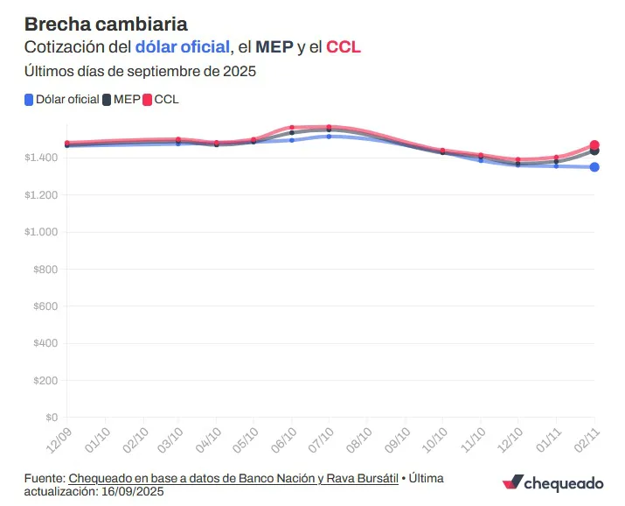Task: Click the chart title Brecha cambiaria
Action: tap(106, 23)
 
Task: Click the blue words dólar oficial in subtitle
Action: tap(183, 46)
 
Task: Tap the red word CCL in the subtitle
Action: tap(343, 46)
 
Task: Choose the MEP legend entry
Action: tap(120, 100)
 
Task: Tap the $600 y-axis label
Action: tap(45, 306)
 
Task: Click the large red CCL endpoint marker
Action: tap(594, 145)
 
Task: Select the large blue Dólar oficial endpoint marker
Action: tap(594, 167)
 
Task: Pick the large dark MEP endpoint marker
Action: tap(595, 151)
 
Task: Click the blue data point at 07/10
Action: tap(329, 137)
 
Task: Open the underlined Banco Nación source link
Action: tap(233, 478)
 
